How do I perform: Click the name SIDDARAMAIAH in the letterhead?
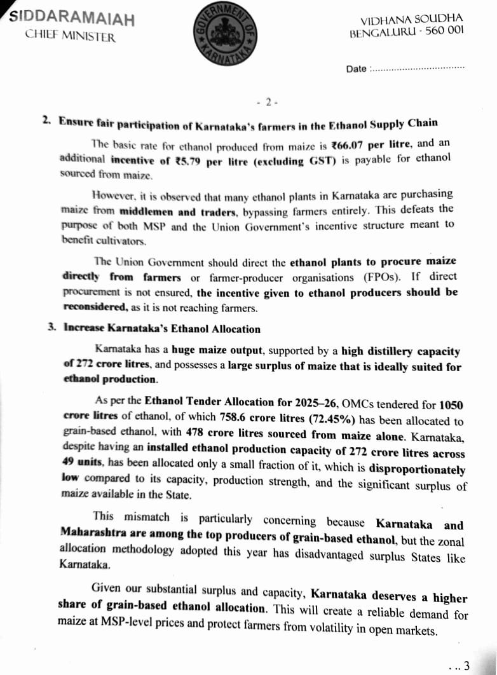72,18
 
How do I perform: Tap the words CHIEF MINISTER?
71,36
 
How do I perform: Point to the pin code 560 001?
443,31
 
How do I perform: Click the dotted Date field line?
417,67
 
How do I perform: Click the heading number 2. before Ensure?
46,120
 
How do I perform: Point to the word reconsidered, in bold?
95,307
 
